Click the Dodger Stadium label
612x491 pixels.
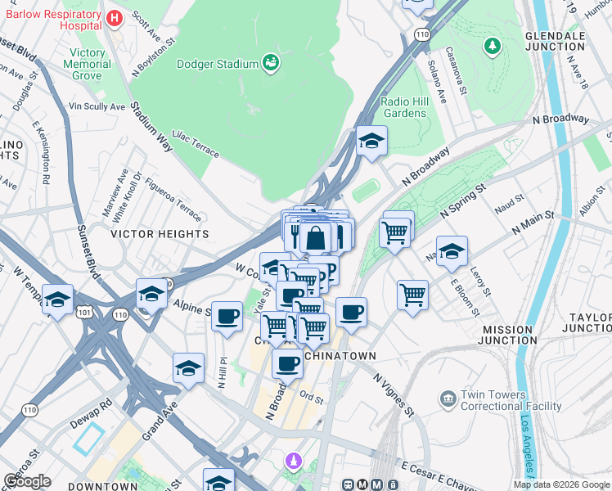click(x=217, y=63)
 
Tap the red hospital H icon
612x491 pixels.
click(x=115, y=16)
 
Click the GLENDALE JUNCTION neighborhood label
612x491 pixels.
click(x=566, y=41)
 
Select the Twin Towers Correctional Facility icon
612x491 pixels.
click(x=448, y=399)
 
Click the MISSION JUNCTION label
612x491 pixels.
click(x=507, y=335)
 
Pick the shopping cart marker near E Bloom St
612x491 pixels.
click(x=413, y=294)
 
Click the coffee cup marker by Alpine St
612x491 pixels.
click(x=227, y=316)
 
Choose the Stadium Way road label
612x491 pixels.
click(x=153, y=126)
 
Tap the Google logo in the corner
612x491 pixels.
click(x=27, y=481)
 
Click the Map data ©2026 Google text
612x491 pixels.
click(x=560, y=484)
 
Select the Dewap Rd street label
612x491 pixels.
click(x=95, y=407)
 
